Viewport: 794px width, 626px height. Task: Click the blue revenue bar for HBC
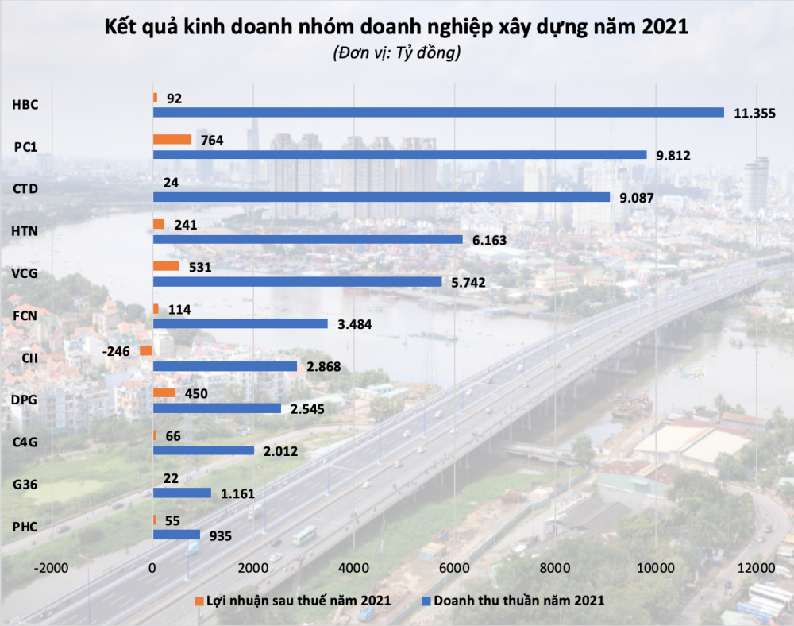click(437, 112)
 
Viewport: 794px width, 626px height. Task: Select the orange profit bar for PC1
click(172, 140)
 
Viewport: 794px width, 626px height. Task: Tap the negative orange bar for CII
click(145, 350)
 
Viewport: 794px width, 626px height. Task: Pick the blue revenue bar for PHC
click(175, 535)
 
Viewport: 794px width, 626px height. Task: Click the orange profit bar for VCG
click(165, 266)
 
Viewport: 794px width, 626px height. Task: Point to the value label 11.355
click(754, 113)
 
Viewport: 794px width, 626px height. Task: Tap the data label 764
click(212, 141)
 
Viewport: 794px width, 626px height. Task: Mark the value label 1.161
click(237, 493)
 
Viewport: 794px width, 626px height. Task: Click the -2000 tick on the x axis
click(52, 568)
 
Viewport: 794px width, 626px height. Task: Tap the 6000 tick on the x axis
click(453, 568)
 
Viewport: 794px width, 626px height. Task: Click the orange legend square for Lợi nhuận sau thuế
click(198, 600)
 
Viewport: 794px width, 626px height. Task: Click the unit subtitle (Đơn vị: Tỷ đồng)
click(396, 54)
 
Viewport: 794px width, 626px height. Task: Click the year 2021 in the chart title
click(661, 28)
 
